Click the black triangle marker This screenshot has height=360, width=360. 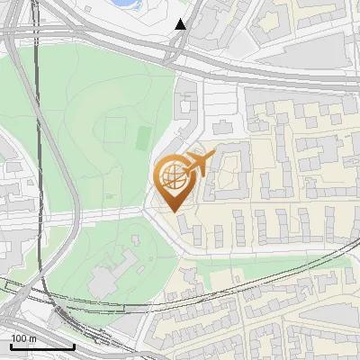tap(181, 24)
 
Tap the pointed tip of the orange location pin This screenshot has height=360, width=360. tap(173, 211)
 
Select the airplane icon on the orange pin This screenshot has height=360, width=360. tap(199, 163)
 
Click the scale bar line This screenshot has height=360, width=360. tap(42, 346)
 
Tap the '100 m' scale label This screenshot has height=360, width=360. tap(24, 338)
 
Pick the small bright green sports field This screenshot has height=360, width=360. tap(143, 139)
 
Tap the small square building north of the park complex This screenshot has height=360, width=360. tap(132, 240)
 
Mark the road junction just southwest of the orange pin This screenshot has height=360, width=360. tap(148, 210)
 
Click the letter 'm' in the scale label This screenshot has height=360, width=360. tap(32, 338)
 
